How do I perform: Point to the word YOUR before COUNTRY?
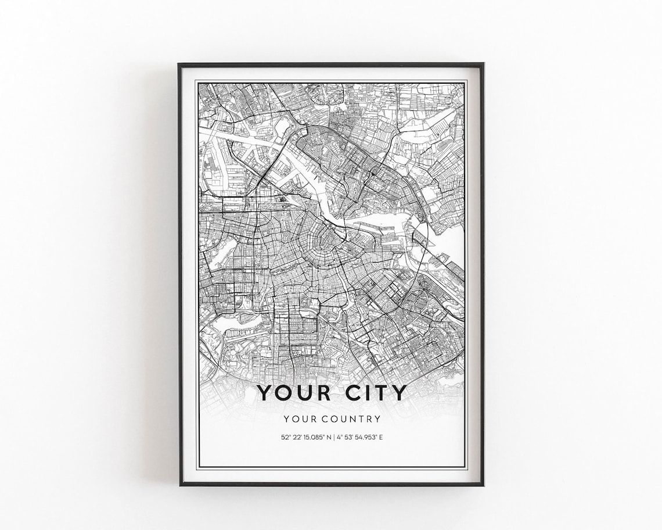point(297,418)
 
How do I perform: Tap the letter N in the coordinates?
point(328,437)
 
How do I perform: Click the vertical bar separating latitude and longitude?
point(334,437)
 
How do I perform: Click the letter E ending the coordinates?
point(382,437)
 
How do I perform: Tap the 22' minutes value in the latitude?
point(296,437)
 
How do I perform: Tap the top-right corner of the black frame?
point(483,64)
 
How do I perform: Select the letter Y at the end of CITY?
point(399,393)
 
